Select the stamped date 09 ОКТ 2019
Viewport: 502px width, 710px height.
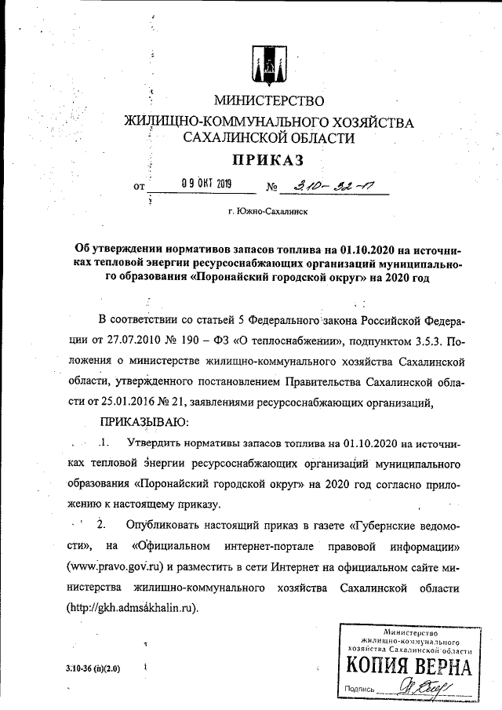[x=202, y=186]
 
